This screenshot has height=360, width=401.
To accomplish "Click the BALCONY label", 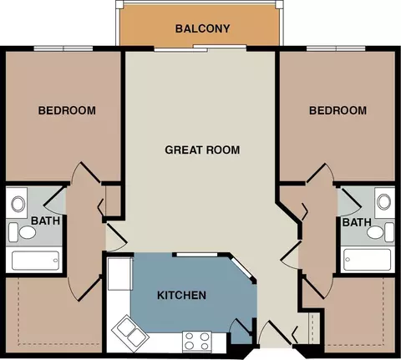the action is [x=202, y=28].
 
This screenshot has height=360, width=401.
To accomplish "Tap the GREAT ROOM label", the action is [x=202, y=150].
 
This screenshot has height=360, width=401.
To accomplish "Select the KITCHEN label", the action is [x=181, y=295].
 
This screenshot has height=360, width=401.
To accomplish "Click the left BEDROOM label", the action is [x=67, y=110].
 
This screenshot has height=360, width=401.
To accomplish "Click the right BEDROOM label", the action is [x=338, y=110].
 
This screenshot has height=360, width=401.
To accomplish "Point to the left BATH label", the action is [x=45, y=221].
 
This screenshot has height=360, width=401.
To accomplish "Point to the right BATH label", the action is [x=357, y=222].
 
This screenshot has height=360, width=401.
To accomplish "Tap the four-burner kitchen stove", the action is [x=197, y=342].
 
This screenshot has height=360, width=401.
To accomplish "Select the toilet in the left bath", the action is [x=23, y=232].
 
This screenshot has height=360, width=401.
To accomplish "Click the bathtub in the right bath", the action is [x=367, y=260].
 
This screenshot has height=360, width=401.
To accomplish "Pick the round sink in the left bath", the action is [x=18, y=204].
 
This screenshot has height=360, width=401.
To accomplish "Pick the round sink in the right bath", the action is [x=383, y=202].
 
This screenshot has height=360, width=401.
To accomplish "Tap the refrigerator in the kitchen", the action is [x=120, y=274].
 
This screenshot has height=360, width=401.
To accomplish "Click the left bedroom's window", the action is [x=63, y=48].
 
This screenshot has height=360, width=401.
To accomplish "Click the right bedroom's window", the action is [x=336, y=48].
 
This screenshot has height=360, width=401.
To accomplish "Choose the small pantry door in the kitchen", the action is [x=241, y=325].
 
